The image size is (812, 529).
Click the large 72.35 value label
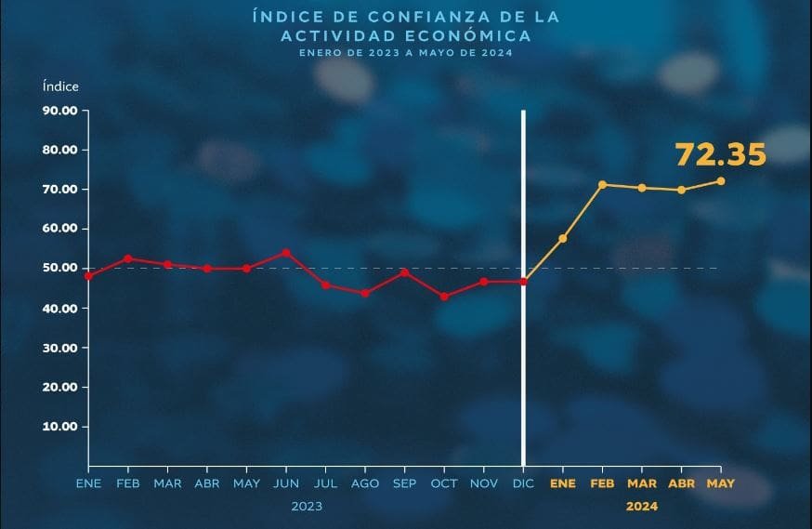pos(720,154)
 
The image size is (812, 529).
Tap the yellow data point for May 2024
pos(721,181)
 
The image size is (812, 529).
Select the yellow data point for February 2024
pos(602,185)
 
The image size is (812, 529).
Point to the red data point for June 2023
pos(285,253)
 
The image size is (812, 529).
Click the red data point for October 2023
pos(444,297)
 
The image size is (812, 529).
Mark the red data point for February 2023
pos(128,258)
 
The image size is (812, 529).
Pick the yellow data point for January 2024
pos(563,239)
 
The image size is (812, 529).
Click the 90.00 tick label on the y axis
pos(59,111)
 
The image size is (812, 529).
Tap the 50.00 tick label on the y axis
pos(59,269)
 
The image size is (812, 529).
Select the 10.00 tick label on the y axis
pos(59,427)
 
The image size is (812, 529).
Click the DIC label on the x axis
pos(523,483)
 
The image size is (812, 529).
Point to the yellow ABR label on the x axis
pos(681,483)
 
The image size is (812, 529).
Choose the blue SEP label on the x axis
pos(404,483)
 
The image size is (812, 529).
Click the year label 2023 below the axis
pos(307,507)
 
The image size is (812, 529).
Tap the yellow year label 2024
pos(641,507)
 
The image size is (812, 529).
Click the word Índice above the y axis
pos(60,86)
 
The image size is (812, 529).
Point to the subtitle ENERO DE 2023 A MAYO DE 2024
pos(405,53)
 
